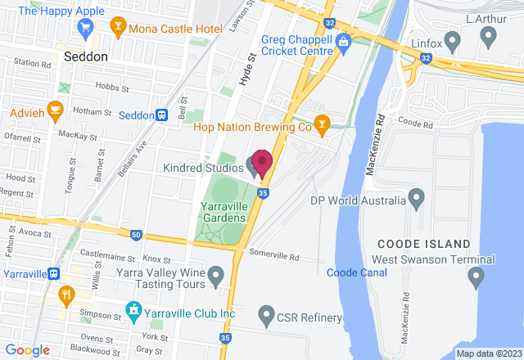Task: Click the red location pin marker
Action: [x=261, y=163]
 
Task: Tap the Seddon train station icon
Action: [x=162, y=115]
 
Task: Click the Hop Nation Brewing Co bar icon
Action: [x=323, y=126]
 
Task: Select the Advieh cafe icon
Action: [x=55, y=109]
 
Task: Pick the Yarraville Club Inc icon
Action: [x=132, y=312]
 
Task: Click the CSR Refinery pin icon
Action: [x=265, y=313]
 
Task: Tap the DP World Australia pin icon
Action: [x=416, y=199]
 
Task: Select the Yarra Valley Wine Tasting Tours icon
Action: [x=216, y=275]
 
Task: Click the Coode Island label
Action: [x=423, y=244]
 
